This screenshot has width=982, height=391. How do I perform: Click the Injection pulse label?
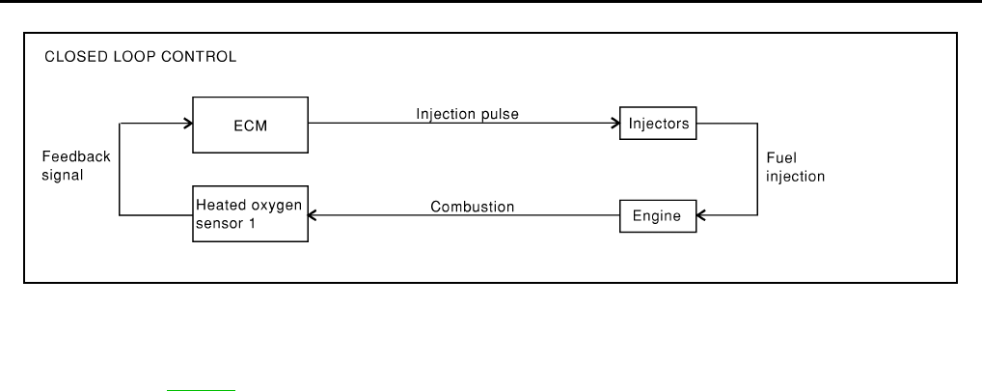[467, 114]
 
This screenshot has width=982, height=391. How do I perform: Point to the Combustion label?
[473, 207]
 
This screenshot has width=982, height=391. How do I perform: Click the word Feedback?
[76, 156]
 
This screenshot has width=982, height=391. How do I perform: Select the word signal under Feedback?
[62, 175]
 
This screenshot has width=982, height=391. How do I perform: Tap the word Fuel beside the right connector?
[781, 158]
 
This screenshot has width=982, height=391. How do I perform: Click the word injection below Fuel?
[795, 177]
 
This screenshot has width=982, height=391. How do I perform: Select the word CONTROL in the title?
[199, 57]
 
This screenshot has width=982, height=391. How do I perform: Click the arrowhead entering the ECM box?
[188, 124]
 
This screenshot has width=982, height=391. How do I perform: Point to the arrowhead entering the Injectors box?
[615, 124]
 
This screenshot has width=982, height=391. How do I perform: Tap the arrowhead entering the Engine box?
[701, 215]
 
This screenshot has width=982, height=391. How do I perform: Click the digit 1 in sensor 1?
[252, 223]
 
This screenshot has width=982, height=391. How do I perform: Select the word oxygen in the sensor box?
[276, 207]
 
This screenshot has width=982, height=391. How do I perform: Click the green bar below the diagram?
[201, 390]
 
